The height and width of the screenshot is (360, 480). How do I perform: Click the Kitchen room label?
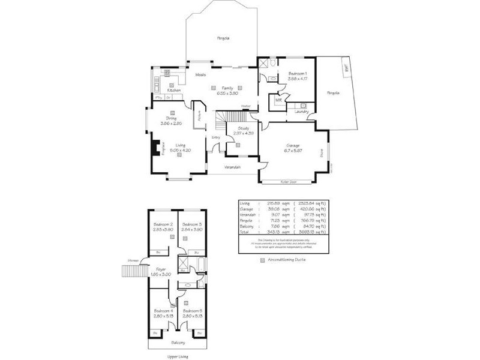(174, 91)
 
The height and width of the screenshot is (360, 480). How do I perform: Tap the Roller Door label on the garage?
(289, 182)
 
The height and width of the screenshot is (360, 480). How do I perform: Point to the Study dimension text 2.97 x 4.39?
(243, 133)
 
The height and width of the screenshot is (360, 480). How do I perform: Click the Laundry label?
(301, 112)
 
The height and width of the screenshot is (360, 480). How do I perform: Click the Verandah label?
(233, 166)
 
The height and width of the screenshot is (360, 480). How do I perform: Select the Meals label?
(201, 74)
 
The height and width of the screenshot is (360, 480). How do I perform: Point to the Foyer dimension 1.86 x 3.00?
(161, 274)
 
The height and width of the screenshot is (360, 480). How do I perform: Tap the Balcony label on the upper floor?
(177, 343)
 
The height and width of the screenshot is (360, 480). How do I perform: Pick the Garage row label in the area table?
(245, 209)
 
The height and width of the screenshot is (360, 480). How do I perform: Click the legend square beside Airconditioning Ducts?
(262, 260)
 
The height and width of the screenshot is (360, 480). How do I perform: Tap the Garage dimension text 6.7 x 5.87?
(293, 151)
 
